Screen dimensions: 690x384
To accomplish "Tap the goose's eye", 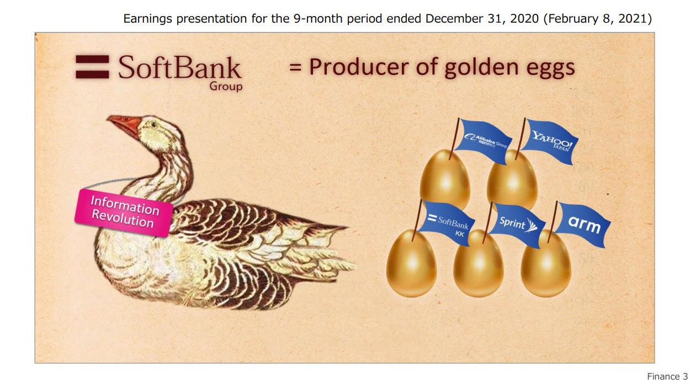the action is tap(153, 124).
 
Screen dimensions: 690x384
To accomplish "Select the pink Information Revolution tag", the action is tap(124, 213).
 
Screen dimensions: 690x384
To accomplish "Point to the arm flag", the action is tap(583, 224).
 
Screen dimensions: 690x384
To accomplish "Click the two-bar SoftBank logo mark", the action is tap(92, 67).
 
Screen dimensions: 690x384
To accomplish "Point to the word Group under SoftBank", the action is tap(226, 86).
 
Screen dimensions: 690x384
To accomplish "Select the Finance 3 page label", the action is tap(667, 376).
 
